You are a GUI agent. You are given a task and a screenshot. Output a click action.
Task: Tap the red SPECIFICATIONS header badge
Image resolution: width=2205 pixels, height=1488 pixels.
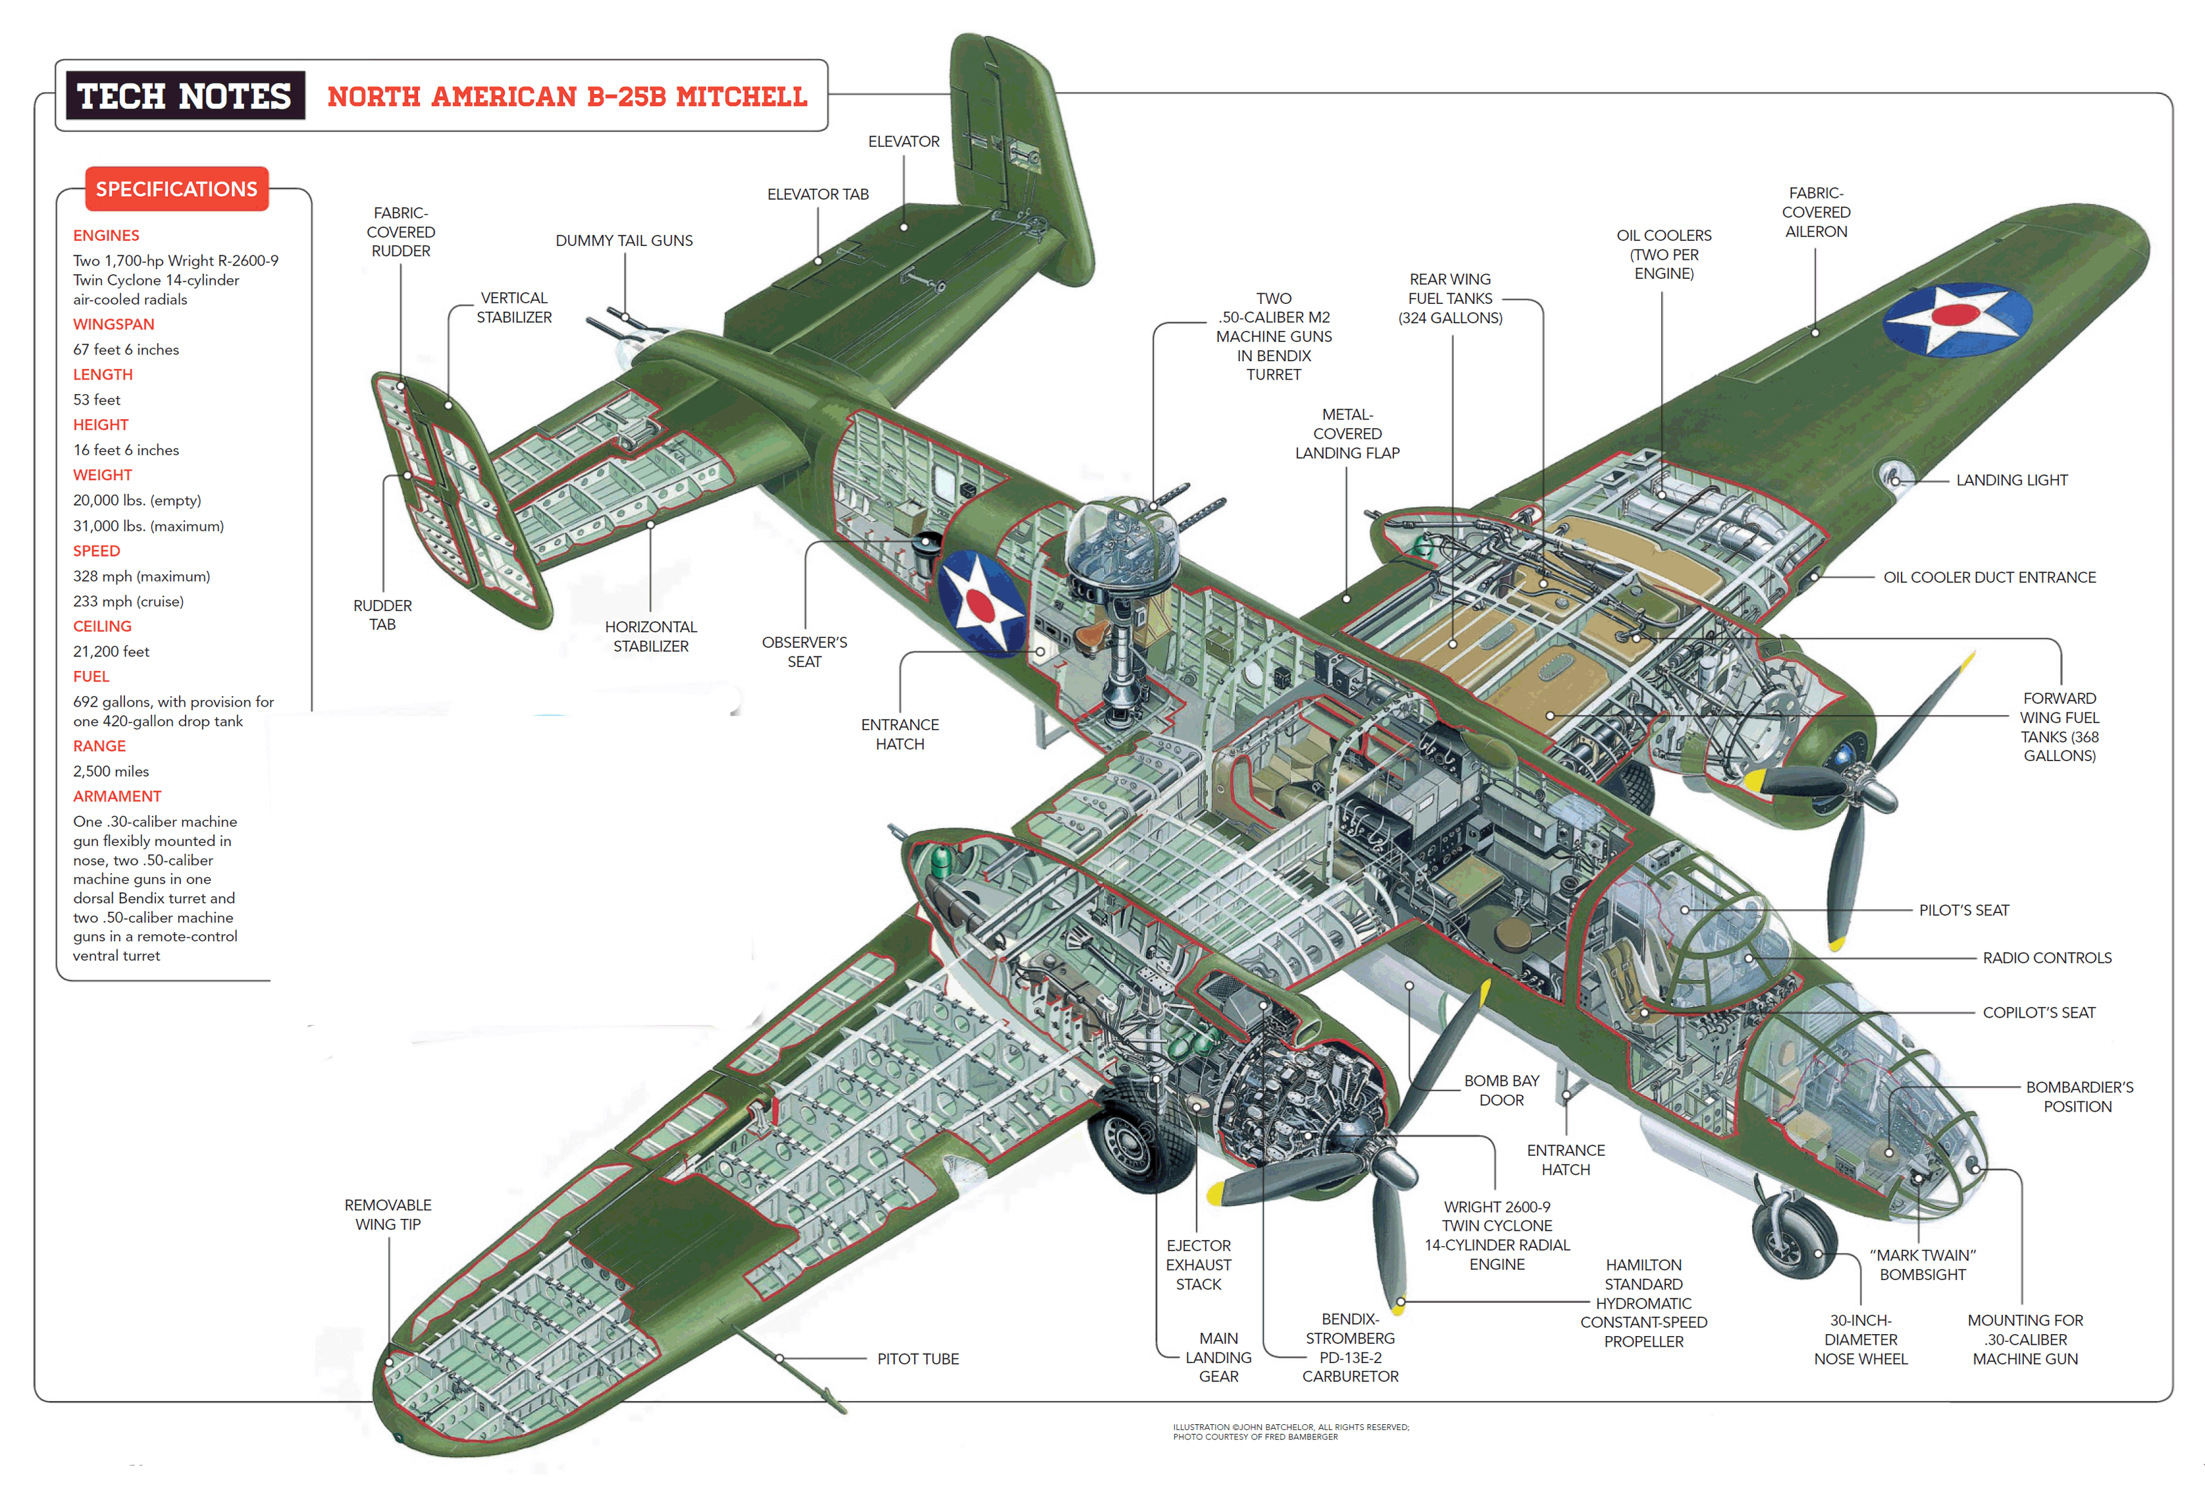coord(176,189)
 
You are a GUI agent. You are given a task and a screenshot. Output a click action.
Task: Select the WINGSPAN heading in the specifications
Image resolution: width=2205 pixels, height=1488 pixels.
coord(114,324)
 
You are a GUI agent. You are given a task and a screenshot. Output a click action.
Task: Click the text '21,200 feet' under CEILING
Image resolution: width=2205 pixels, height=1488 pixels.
coord(111,651)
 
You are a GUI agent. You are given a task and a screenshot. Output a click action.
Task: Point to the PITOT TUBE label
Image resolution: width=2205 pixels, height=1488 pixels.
coord(918,1359)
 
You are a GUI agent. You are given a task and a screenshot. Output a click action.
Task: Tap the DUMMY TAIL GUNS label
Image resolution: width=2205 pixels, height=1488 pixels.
coord(624,241)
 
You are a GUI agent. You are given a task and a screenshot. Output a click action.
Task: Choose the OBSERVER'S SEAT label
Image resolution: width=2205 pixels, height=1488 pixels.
coord(804,651)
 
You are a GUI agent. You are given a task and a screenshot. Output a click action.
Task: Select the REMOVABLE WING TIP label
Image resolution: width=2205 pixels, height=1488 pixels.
coord(388,1215)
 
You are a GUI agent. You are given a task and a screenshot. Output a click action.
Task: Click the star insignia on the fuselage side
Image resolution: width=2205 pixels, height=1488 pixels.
coord(980,603)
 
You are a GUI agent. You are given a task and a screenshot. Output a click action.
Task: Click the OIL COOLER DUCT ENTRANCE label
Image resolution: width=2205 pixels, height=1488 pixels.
coord(1990,578)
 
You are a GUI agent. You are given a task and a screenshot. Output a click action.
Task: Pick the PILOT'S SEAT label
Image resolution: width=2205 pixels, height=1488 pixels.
coord(1964,910)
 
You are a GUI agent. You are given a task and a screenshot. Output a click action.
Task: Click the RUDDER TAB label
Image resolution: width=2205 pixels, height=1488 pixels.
coord(382,614)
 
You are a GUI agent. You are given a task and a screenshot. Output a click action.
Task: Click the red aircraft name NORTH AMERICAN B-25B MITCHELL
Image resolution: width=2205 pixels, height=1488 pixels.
coord(567,97)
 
